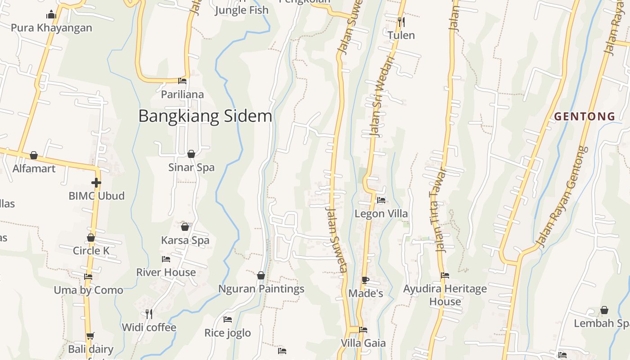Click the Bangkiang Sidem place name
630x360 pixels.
click(205, 116)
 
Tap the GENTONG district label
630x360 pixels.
click(585, 117)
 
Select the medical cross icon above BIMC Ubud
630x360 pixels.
click(96, 183)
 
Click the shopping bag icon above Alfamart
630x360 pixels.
click(34, 155)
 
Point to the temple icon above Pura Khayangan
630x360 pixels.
click(51, 15)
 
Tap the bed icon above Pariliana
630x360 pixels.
click(182, 81)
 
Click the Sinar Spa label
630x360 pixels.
click(191, 167)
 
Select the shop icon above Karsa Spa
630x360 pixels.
click(185, 227)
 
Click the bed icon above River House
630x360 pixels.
click(166, 259)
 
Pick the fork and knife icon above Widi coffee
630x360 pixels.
click(149, 314)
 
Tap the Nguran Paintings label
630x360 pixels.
click(261, 289)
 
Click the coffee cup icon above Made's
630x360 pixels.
click(365, 280)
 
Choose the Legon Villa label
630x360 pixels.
click(381, 214)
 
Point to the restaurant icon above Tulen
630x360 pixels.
click(401, 22)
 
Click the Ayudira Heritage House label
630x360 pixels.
click(445, 295)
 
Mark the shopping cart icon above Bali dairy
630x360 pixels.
click(90, 336)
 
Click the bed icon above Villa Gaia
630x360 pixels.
click(363, 330)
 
